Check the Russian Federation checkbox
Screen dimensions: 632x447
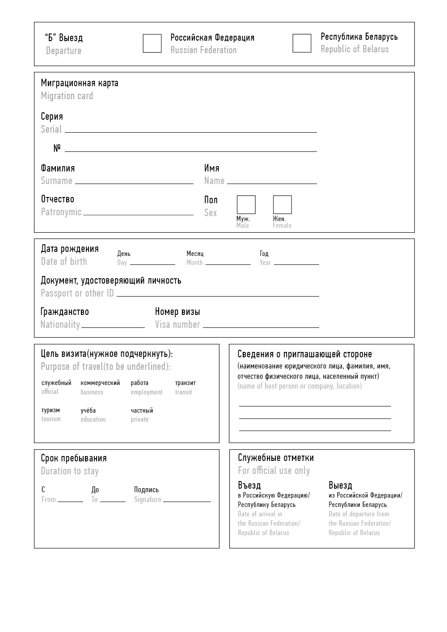click(x=152, y=43)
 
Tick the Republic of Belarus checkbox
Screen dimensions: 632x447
click(x=302, y=43)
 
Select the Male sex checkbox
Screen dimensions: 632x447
click(x=246, y=205)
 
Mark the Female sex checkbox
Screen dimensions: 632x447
click(x=282, y=205)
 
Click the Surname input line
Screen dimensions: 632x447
click(x=134, y=181)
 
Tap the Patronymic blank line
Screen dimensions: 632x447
click(x=138, y=213)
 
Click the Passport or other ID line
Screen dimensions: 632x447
click(x=218, y=294)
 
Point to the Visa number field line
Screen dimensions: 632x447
click(x=261, y=325)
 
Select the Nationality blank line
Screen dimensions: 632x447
click(x=113, y=325)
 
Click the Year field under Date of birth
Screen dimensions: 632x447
click(x=296, y=262)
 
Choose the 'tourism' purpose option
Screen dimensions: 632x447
click(x=51, y=414)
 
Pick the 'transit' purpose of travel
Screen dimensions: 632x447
click(x=185, y=387)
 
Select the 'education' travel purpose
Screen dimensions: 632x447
click(x=93, y=415)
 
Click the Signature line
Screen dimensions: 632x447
click(x=187, y=499)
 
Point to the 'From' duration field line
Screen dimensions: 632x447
click(x=70, y=499)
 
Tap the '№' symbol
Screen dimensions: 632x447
click(x=57, y=148)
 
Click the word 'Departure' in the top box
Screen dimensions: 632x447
click(x=63, y=50)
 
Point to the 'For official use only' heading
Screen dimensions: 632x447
click(x=274, y=470)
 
